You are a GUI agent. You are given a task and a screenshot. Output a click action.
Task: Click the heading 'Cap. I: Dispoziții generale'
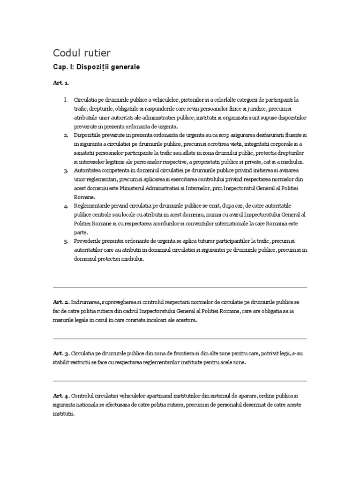pos(96,67)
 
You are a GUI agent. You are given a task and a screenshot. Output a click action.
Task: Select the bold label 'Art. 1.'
pos(60,83)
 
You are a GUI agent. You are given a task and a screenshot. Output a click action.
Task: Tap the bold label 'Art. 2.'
pos(61,302)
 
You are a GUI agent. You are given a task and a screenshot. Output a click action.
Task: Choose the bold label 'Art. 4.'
pos(61,396)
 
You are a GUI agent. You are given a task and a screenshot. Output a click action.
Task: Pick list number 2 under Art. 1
pos(66,135)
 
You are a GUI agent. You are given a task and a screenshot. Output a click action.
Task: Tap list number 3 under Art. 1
pos(66,170)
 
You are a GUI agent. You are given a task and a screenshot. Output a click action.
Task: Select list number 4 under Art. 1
pos(66,205)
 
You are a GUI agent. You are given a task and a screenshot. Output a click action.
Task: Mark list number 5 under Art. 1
pos(66,240)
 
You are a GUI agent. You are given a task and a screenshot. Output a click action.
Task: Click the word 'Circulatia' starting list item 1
pos(86,100)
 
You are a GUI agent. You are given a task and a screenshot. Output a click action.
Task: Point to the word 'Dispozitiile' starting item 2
pos(88,135)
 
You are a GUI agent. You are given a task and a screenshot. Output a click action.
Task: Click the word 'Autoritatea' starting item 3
pos(88,170)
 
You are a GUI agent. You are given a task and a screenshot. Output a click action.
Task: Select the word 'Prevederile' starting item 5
pos(87,240)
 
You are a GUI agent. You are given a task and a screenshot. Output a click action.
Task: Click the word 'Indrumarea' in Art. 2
pos(86,302)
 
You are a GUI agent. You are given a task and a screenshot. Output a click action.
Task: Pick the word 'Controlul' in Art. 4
pos(84,396)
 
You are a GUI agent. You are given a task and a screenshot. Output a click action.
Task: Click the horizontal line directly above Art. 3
pos(180,338)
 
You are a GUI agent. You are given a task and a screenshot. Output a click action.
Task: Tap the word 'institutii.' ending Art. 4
pos(63,415)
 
